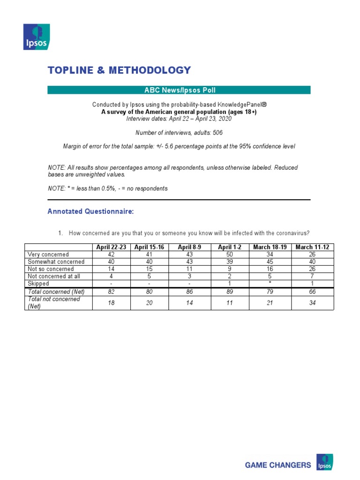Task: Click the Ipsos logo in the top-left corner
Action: click(37, 37)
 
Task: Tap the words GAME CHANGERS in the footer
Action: click(278, 465)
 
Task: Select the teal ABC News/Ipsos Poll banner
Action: click(179, 90)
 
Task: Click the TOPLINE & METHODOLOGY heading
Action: click(119, 70)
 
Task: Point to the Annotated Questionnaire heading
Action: click(90, 212)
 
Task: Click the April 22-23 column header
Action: click(111, 247)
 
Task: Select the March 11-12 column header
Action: click(312, 247)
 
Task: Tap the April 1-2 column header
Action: click(230, 247)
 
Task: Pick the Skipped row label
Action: click(38, 284)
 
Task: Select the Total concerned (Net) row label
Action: click(54, 292)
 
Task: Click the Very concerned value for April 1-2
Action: click(230, 255)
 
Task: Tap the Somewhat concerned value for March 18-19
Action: click(271, 262)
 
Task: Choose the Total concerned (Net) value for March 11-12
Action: click(312, 292)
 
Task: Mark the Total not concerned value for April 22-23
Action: click(111, 302)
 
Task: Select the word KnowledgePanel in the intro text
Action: click(241, 105)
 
